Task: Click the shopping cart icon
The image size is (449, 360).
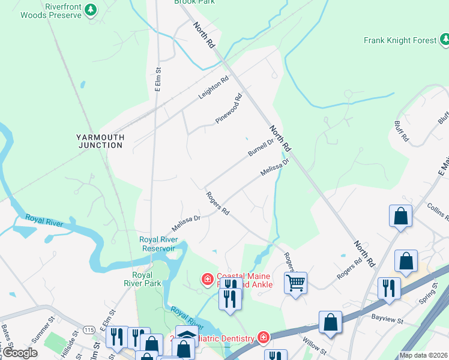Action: click(295, 283)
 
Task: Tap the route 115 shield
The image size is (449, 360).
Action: click(89, 330)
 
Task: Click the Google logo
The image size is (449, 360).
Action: click(20, 353)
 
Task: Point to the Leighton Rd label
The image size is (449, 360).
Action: click(214, 88)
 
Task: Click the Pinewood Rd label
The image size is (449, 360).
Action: click(229, 109)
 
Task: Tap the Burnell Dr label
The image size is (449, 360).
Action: click(261, 147)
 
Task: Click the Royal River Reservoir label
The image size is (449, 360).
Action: click(157, 244)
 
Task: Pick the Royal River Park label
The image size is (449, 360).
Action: click(148, 278)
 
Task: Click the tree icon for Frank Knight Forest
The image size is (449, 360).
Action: click(445, 40)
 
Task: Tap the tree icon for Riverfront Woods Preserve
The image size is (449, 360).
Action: click(91, 10)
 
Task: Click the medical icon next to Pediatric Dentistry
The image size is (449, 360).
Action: click(262, 338)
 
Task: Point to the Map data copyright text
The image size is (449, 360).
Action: click(423, 355)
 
